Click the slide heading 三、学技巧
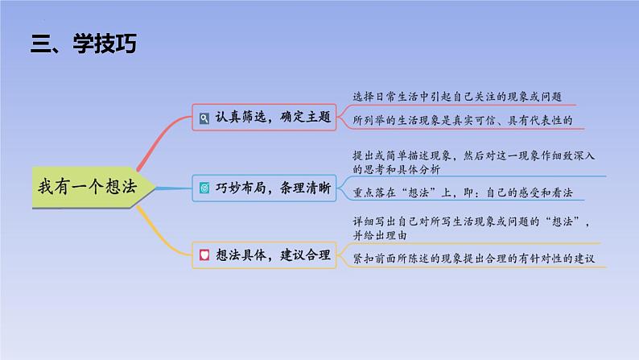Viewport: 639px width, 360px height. coord(84,43)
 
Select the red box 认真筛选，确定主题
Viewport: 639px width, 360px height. coord(264,118)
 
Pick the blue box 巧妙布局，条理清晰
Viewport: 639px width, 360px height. coord(264,188)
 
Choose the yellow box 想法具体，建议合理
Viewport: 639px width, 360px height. coord(264,255)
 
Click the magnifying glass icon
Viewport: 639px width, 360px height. coord(204,118)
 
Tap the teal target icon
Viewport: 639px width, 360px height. coord(204,188)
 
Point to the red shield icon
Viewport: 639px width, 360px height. coord(204,255)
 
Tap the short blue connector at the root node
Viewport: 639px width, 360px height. coord(174,188)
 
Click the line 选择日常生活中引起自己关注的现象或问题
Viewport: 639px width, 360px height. coord(457,97)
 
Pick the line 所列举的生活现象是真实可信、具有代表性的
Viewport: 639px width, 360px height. coord(463,120)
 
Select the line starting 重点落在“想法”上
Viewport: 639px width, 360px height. coord(463,192)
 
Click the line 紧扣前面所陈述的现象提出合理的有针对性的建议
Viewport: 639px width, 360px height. coord(473,259)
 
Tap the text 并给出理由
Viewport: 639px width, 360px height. coord(380,235)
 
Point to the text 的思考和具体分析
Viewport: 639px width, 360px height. coord(397,169)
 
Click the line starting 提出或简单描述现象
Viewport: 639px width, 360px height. coord(473,155)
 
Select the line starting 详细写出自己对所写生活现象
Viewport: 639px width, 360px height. coord(472,221)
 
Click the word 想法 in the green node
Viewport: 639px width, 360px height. coord(121,187)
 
